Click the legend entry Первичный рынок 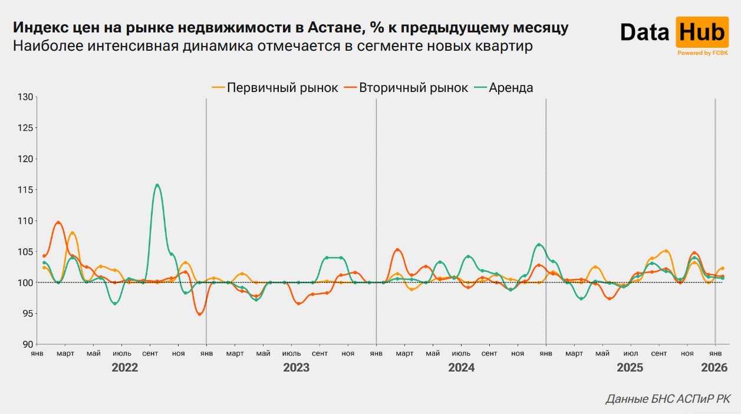click(x=282, y=88)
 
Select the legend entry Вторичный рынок click(x=413, y=88)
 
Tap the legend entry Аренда click(x=511, y=88)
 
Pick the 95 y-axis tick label click(x=27, y=314)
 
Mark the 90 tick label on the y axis click(x=27, y=344)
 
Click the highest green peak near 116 click(x=157, y=185)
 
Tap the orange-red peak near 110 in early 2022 click(x=58, y=222)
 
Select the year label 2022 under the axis click(x=125, y=368)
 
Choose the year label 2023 click(x=296, y=368)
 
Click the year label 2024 click(x=461, y=368)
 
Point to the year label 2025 click(x=630, y=368)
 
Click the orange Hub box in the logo click(x=702, y=32)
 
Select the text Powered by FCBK click(x=703, y=53)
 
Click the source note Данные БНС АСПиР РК click(x=668, y=399)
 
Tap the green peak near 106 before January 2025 click(x=539, y=244)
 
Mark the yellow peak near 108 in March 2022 click(x=73, y=233)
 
